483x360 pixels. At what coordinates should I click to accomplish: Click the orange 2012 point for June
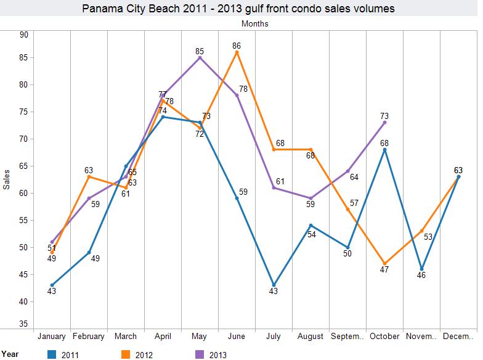point(237,52)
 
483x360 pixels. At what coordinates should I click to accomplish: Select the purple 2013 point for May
point(200,57)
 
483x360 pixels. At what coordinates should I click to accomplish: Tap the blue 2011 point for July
point(274,284)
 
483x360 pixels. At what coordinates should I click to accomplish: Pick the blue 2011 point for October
point(384,149)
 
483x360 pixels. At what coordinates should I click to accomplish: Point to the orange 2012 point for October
point(384,263)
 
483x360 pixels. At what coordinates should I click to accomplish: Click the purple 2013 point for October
point(384,122)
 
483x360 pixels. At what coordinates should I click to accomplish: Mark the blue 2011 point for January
point(52,285)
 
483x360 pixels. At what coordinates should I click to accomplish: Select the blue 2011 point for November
point(421,269)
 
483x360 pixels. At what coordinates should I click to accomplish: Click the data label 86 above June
point(237,45)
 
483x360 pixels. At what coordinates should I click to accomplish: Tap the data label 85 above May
point(200,51)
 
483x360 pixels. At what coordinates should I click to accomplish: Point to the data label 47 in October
point(384,270)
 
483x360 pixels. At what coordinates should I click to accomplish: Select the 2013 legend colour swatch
point(200,354)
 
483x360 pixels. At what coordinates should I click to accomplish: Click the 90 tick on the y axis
point(24,35)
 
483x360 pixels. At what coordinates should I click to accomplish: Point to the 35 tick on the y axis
point(24,323)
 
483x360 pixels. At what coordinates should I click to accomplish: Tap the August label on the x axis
point(310,337)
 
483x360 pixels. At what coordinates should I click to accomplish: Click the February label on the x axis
point(89,337)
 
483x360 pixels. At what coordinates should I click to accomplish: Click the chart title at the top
point(238,9)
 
